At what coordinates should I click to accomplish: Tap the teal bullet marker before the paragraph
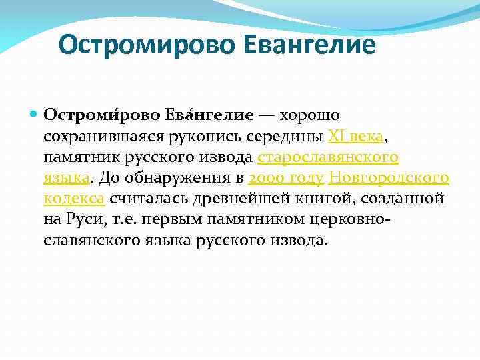(x=35, y=115)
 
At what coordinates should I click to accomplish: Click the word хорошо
(x=299, y=116)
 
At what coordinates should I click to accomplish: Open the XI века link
(x=355, y=137)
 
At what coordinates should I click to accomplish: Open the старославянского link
(x=328, y=157)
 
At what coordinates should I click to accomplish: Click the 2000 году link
(x=286, y=178)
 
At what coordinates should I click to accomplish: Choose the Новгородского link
(x=389, y=178)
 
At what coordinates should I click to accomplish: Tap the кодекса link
(x=74, y=199)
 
